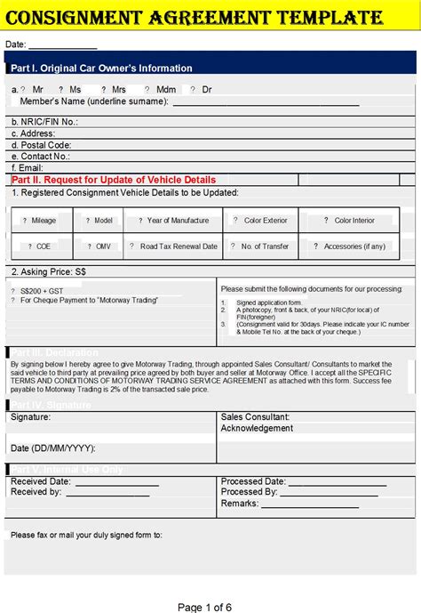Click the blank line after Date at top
tap(63, 45)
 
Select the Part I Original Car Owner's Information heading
tap(101, 69)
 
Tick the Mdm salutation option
tap(165, 90)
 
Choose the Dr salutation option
tap(207, 90)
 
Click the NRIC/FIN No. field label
tap(44, 122)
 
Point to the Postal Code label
tap(41, 145)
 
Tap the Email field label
tap(28, 167)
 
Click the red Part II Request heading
tap(114, 180)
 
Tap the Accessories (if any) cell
tap(354, 246)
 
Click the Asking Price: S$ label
tap(49, 271)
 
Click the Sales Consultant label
tap(255, 416)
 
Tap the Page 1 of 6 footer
tap(204, 607)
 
